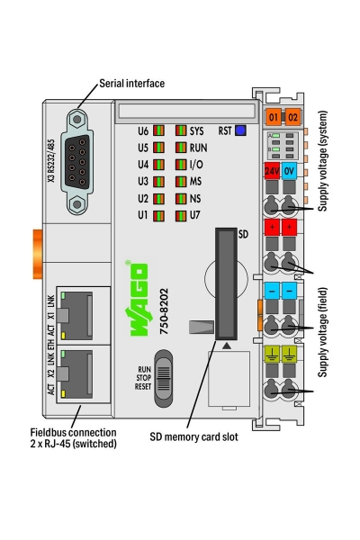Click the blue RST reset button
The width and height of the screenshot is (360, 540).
(240, 130)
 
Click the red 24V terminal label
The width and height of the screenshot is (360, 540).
(272, 170)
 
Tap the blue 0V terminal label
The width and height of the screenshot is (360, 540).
(290, 170)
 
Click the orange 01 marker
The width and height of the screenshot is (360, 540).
(273, 117)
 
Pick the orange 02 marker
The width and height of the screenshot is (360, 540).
(292, 117)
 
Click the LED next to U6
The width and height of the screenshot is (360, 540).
(159, 130)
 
